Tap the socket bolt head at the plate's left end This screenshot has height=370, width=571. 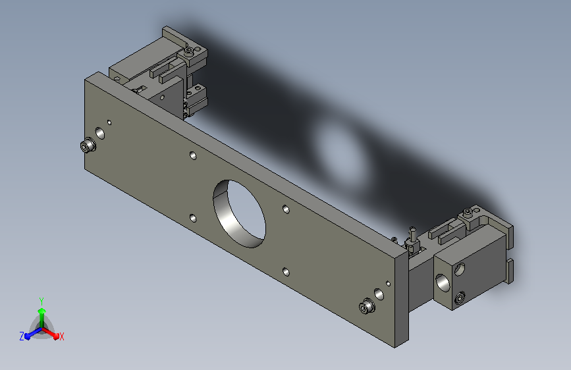point(88,145)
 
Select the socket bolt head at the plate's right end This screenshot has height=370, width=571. point(367,306)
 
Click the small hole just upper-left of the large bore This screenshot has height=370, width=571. point(193,156)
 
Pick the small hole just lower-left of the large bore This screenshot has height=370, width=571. point(193,219)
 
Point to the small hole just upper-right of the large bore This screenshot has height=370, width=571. point(286,209)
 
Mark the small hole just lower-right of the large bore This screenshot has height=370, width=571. point(286,272)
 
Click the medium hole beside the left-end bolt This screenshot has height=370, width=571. point(100,133)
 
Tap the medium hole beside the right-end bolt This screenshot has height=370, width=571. point(379,294)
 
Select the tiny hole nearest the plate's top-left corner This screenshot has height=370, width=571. point(109,122)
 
